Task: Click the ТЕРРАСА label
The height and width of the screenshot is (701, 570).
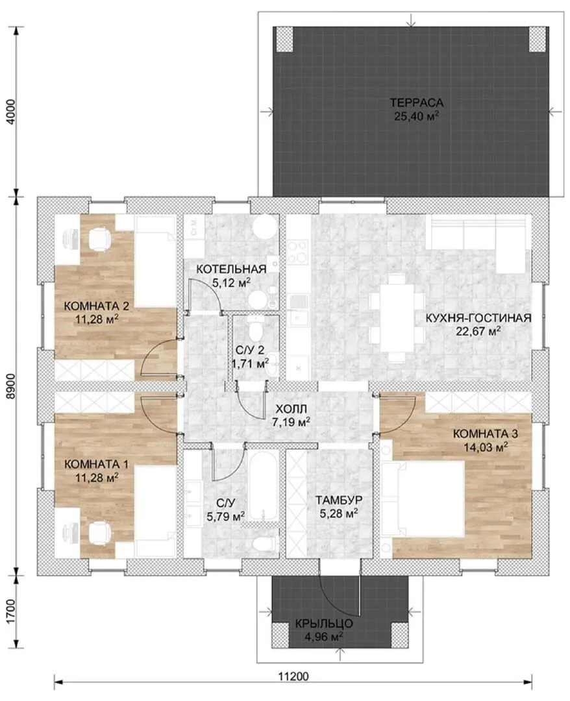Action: [x=416, y=103]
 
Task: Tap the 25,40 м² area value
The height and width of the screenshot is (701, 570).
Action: [x=416, y=116]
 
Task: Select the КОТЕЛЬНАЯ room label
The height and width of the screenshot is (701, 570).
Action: [x=231, y=269]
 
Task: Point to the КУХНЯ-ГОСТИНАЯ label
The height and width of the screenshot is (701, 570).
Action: [x=478, y=318]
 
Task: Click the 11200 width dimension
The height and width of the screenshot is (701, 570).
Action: [x=293, y=676]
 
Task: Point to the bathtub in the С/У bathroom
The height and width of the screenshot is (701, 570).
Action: [x=262, y=485]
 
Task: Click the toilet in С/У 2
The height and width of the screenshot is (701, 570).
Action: [x=256, y=328]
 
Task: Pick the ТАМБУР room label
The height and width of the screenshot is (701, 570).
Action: [x=338, y=500]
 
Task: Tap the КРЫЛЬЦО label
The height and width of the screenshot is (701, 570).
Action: [x=324, y=623]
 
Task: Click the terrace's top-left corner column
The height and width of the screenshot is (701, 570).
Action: [x=284, y=38]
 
